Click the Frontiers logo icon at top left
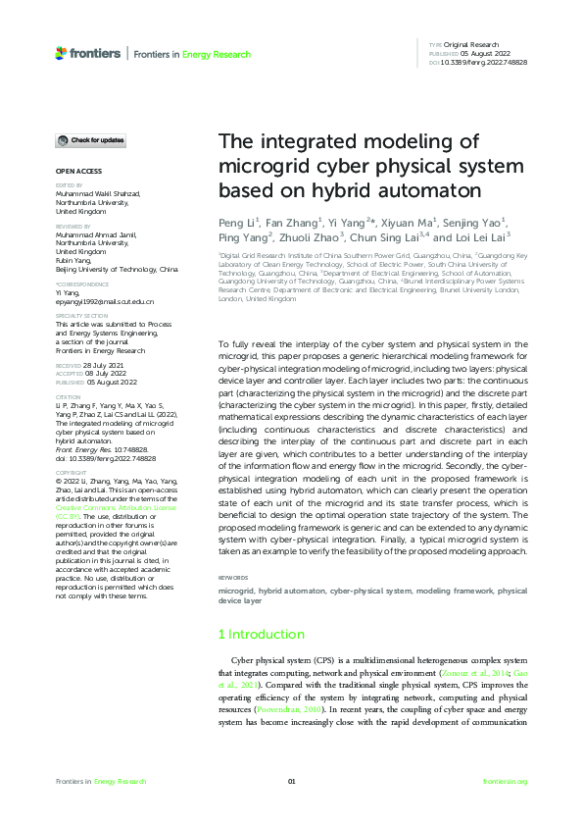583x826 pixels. click(x=62, y=53)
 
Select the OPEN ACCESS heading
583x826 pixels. click(x=76, y=171)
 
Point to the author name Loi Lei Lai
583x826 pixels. click(x=483, y=236)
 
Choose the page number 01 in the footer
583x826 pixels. click(x=291, y=781)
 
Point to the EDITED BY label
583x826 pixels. click(x=69, y=184)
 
